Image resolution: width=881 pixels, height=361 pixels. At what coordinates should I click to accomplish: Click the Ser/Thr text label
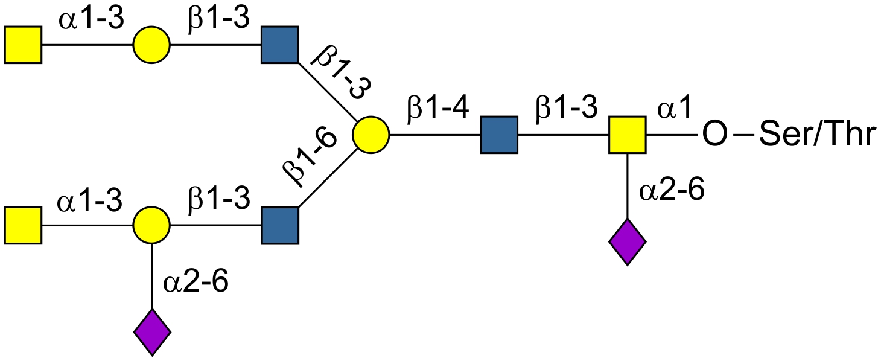(x=816, y=135)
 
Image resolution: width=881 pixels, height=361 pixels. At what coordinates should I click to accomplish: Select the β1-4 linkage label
(x=439, y=109)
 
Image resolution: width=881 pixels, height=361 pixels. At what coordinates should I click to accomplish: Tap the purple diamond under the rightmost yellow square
(x=628, y=242)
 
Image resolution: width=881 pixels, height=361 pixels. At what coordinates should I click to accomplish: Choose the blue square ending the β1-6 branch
(x=280, y=226)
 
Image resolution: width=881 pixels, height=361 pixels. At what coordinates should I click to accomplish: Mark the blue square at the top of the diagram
(x=280, y=45)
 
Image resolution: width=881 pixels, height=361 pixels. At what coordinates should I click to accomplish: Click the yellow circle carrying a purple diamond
(x=152, y=226)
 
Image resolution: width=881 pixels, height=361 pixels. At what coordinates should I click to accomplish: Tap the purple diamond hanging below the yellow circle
(x=152, y=331)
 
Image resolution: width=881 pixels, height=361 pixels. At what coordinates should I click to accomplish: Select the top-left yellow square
(x=24, y=45)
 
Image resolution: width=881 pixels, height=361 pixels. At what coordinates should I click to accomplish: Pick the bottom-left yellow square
(x=24, y=226)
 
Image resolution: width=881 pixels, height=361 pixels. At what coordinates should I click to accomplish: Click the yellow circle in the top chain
(x=152, y=45)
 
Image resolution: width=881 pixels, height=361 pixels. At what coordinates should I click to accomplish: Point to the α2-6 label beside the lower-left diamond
(x=196, y=282)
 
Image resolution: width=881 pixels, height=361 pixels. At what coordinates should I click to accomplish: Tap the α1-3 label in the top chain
(x=91, y=19)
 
